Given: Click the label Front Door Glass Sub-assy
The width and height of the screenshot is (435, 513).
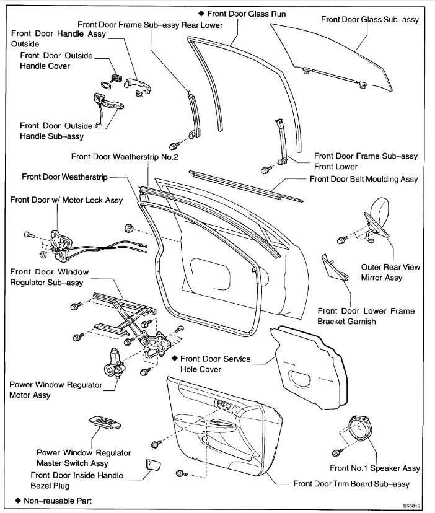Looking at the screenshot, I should [x=370, y=20].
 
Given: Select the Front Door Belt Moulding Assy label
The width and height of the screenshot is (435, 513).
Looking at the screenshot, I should [x=364, y=179].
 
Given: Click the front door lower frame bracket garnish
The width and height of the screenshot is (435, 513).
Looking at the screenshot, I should [x=332, y=268].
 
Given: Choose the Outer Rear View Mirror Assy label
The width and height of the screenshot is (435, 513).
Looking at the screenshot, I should [x=390, y=273].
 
